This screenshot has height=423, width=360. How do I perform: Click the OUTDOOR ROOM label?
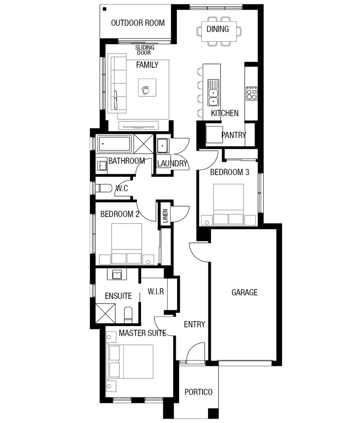tap(137, 23)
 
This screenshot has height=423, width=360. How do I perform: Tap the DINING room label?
tap(218, 29)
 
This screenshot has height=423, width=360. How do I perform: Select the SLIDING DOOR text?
tap(145, 50)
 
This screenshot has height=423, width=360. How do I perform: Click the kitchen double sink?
tap(213, 97)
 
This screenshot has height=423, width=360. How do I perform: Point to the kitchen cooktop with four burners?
tap(251, 93)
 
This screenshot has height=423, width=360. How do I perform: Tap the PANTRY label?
tap(233, 135)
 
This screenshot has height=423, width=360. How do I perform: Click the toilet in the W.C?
tap(104, 188)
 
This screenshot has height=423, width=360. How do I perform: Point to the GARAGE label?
tap(244, 292)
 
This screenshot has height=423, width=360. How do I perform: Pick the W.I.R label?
tap(156, 291)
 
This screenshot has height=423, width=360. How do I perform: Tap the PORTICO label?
tap(199, 392)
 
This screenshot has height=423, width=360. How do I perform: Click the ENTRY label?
tap(194, 324)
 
